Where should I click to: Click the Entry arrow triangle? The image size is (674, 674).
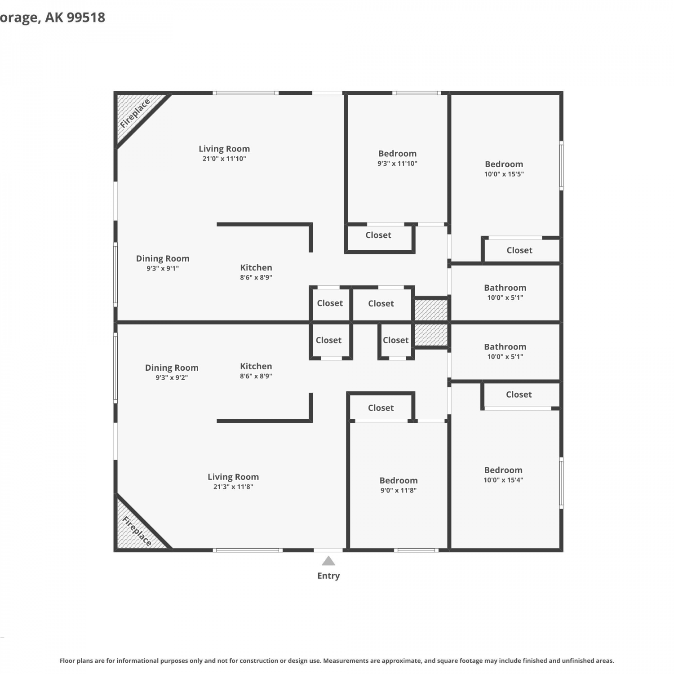(x=328, y=561)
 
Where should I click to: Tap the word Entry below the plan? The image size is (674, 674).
(x=328, y=576)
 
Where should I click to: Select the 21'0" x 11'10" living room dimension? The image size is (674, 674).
(x=224, y=159)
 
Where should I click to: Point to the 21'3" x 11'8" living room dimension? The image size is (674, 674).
(x=233, y=487)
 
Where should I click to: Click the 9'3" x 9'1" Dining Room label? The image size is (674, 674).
(x=163, y=263)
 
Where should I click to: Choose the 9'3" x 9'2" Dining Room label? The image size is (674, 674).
(x=172, y=372)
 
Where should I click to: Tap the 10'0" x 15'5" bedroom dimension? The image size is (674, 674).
(x=504, y=174)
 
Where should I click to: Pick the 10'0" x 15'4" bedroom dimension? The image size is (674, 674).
(x=503, y=480)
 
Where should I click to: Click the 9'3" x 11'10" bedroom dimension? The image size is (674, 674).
(x=397, y=164)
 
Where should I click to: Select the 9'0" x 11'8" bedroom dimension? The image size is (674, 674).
(x=399, y=490)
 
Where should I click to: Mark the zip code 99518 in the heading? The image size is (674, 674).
(x=86, y=17)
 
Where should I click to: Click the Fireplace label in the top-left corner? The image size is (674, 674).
(x=135, y=114)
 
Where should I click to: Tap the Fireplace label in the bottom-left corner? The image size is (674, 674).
(x=137, y=531)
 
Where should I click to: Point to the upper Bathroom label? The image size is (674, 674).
(x=505, y=288)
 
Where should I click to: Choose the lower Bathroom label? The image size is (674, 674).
(x=505, y=346)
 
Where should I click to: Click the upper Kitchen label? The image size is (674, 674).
(x=256, y=267)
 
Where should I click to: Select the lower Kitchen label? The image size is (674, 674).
(x=256, y=366)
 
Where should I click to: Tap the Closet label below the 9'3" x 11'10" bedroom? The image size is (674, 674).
(x=378, y=235)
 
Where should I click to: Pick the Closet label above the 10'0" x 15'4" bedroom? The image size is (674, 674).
(x=519, y=395)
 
